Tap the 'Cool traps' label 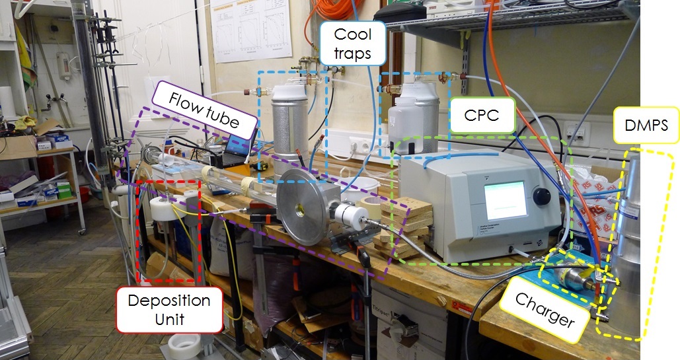pos(352,44)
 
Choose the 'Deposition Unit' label pos(169,309)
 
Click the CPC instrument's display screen pos(506,200)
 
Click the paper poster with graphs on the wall pos(242,30)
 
